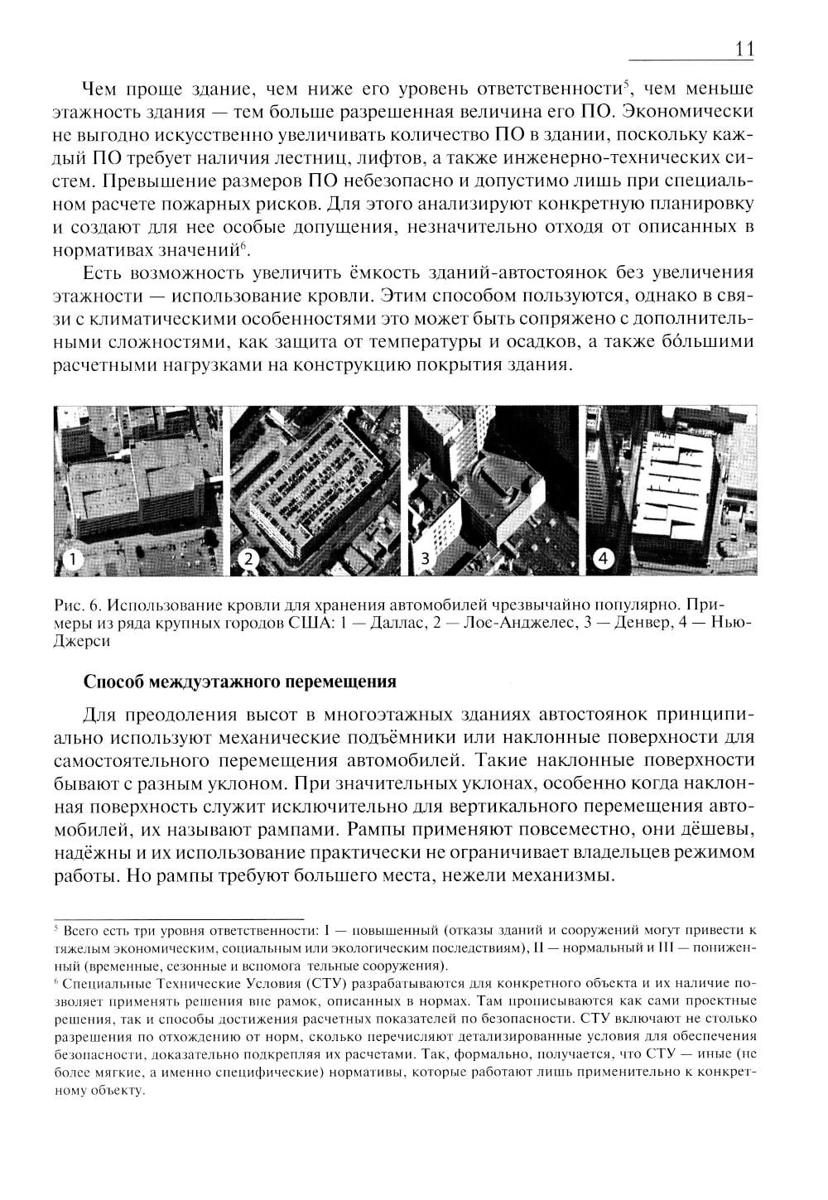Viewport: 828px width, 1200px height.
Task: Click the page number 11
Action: [743, 49]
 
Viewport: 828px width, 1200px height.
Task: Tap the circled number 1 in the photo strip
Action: [71, 560]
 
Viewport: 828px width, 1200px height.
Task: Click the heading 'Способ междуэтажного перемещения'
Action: [239, 682]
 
